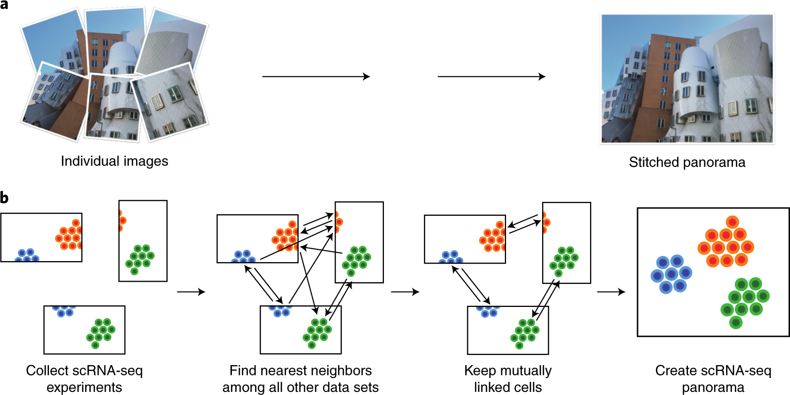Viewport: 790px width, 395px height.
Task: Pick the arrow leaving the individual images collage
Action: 316,77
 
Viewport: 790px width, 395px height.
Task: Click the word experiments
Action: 84,386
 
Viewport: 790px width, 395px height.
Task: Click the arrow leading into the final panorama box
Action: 611,292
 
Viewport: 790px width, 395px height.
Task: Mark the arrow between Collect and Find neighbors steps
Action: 191,292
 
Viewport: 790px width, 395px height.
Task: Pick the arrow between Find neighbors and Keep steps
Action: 405,292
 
